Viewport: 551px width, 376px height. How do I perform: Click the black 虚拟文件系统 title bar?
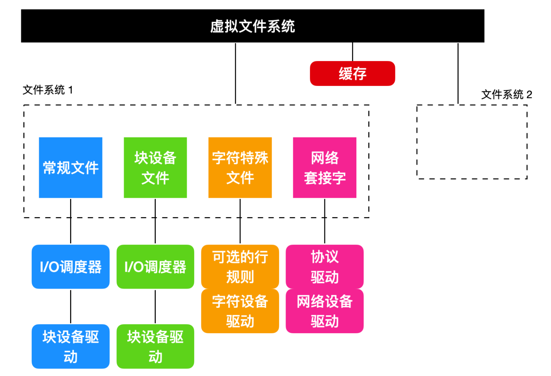[252, 26]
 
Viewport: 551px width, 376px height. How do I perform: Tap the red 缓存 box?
[352, 73]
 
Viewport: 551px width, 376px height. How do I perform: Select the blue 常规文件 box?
[70, 168]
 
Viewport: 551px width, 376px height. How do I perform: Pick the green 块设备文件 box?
[155, 168]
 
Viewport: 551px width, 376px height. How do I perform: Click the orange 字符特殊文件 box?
[240, 168]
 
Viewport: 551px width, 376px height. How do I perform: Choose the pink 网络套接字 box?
[325, 168]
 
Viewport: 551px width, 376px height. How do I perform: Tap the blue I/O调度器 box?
[70, 267]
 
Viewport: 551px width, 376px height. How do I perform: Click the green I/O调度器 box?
[155, 267]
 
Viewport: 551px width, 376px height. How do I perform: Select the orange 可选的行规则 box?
[240, 267]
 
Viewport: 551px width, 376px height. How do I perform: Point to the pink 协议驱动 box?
[325, 267]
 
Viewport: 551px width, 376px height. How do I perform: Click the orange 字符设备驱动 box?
[240, 311]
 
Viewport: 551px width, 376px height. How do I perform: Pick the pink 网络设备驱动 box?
[325, 311]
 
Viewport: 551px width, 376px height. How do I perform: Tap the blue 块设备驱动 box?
[70, 346]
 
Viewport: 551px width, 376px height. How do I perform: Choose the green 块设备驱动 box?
[155, 346]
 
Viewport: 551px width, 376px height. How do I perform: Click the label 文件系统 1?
[48, 90]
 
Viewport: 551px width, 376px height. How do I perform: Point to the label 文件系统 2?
[506, 95]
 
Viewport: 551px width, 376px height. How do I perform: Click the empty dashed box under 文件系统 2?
[417, 142]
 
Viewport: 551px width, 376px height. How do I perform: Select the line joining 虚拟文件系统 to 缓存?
[352, 52]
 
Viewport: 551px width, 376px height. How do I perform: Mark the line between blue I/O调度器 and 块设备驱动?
[70, 307]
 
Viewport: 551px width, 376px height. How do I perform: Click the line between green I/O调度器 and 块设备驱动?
[155, 307]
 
